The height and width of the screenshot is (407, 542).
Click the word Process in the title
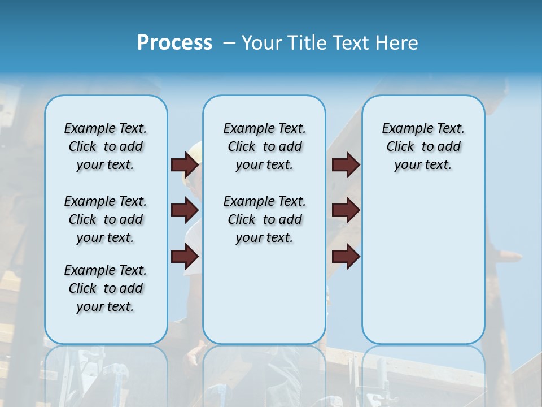pos(174,43)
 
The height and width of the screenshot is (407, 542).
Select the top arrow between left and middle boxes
pos(185,164)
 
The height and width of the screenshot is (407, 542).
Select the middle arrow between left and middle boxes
pos(185,210)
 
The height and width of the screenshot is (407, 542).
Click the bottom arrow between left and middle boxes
pos(185,257)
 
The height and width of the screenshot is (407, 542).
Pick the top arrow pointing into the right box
pos(346,164)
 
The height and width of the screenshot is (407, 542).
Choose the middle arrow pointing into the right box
pos(346,210)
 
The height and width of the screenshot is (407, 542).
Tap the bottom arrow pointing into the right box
pos(346,257)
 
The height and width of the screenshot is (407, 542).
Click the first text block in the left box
pos(106,146)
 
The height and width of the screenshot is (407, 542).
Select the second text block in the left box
pos(106,219)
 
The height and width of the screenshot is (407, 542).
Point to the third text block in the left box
pos(106,288)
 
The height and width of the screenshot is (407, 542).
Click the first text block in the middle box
pos(264,146)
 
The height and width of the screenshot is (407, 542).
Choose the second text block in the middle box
pos(264,219)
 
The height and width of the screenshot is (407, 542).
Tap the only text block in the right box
pos(423,146)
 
